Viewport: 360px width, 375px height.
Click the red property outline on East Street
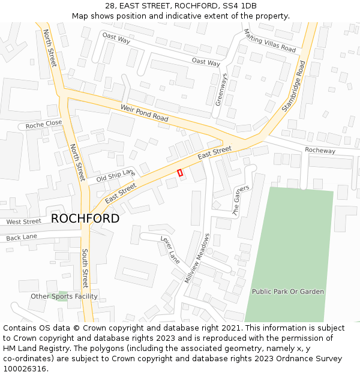180,173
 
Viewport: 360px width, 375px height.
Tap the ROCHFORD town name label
85,218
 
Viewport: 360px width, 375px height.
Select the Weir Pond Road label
145,112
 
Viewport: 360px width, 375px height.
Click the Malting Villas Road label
270,40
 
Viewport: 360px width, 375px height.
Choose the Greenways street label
221,89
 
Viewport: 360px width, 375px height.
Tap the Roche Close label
44,124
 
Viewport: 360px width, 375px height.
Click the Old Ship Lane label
116,175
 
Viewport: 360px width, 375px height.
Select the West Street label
24,221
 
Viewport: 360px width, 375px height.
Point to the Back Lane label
22,238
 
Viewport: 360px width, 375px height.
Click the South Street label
85,268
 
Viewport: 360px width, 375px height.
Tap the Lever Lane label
170,250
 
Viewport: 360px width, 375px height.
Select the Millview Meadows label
198,258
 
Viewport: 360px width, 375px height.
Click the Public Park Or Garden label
288,292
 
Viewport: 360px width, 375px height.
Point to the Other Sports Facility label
64,296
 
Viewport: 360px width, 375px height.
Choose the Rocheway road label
320,151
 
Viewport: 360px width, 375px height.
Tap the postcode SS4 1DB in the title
238,6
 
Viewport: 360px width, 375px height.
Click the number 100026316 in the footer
25,369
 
